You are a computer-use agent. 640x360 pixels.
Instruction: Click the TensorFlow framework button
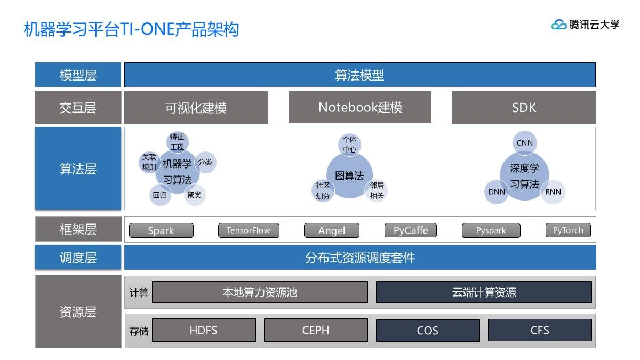click(249, 230)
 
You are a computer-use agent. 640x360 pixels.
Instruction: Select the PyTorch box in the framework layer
click(568, 230)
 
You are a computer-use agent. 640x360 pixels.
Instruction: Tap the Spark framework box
click(161, 230)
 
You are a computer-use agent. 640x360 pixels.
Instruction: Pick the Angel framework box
click(332, 230)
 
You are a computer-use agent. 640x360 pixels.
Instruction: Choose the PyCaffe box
click(411, 230)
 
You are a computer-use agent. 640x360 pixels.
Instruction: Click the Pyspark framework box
click(491, 230)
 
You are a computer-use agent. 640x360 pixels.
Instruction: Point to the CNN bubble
click(525, 142)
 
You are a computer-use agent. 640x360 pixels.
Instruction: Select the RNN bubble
click(553, 192)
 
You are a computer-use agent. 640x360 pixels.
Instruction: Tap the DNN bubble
click(497, 192)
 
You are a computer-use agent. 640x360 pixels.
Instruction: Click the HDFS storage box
click(204, 330)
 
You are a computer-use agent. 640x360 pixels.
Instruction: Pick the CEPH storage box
click(316, 330)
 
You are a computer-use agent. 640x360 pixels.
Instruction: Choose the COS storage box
click(428, 330)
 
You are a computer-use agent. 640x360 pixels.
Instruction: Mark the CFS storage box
click(540, 330)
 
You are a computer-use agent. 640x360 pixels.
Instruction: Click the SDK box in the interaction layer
click(524, 108)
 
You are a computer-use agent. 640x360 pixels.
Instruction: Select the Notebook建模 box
click(360, 107)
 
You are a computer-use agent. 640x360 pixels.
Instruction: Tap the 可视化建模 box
click(196, 108)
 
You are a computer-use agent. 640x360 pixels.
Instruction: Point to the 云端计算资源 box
click(484, 292)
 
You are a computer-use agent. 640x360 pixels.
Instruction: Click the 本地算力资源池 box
click(260, 292)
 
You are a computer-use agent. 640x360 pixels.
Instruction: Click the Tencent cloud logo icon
click(559, 25)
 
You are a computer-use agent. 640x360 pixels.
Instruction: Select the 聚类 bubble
click(194, 195)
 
